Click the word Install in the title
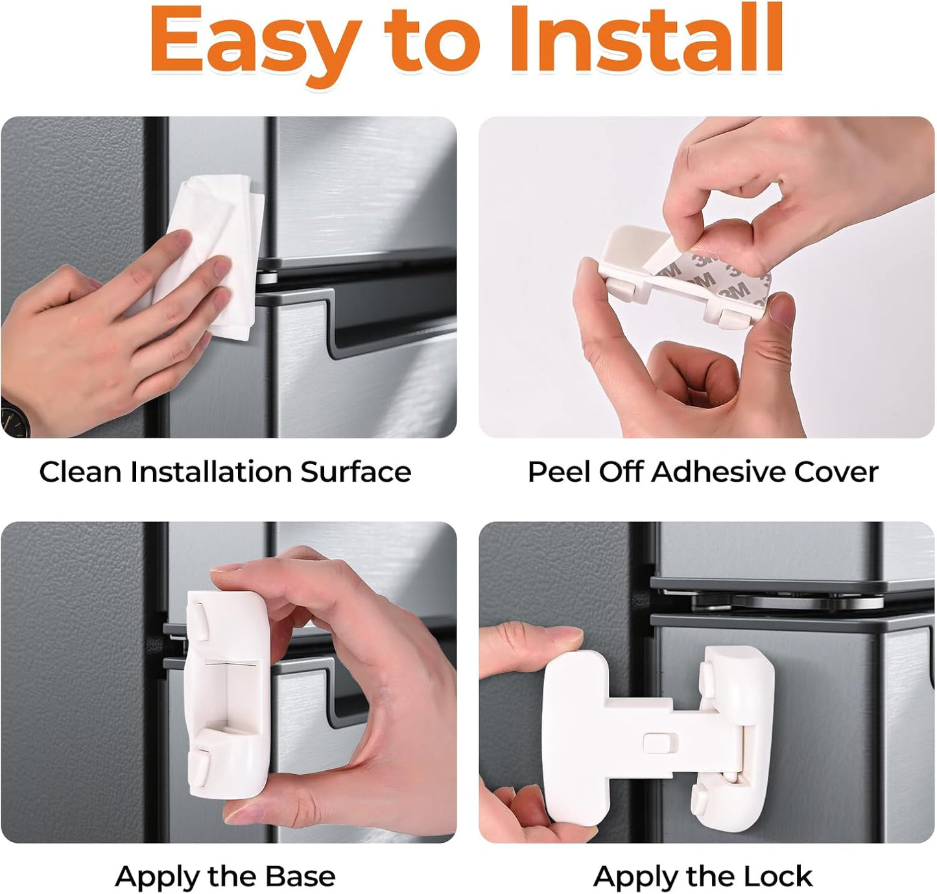coord(646,38)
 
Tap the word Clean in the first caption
coord(80,472)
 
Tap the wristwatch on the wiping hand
coord(14,416)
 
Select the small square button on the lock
coord(659,742)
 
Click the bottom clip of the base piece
coord(199,768)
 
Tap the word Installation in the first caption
coord(211,472)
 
